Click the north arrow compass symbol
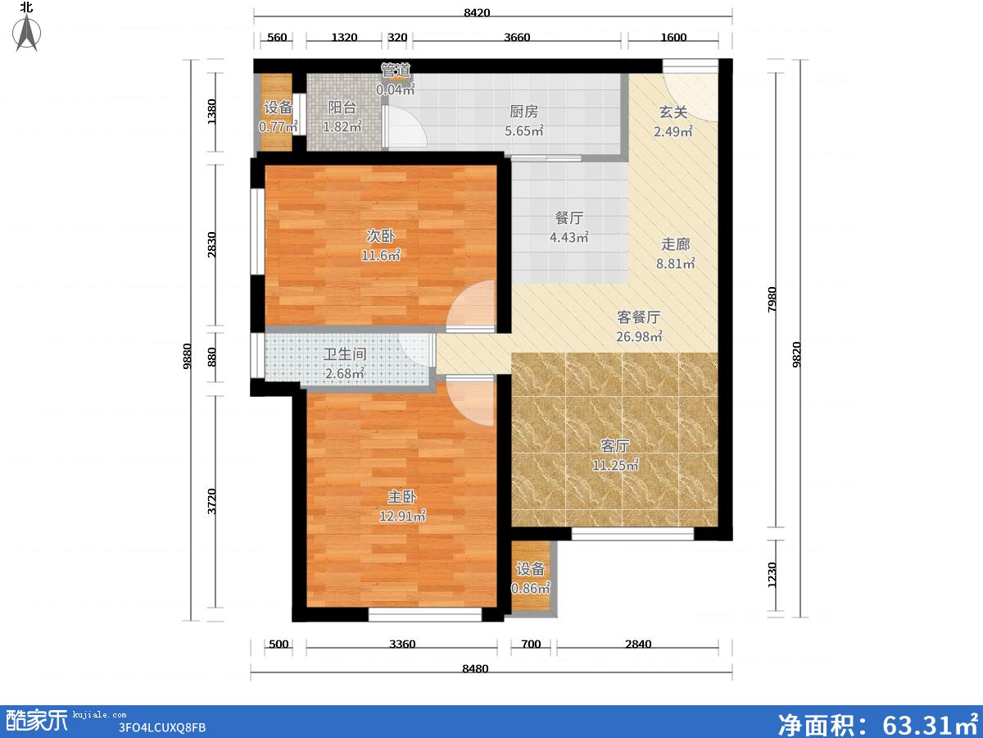tap(27, 32)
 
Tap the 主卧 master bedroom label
tap(401, 496)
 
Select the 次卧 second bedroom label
tap(380, 235)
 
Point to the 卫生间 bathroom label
tap(345, 354)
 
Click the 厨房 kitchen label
tap(523, 112)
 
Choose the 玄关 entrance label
tap(673, 112)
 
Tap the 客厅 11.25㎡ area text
tap(615, 465)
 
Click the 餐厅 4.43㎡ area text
tap(569, 237)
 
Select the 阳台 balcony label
tap(342, 107)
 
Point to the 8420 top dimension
tap(477, 12)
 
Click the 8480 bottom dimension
tap(475, 669)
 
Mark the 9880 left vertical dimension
tap(188, 356)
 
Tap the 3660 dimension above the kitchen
tap(517, 37)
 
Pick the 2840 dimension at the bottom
tap(638, 645)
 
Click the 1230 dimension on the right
tap(772, 575)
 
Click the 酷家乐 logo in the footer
tap(36, 721)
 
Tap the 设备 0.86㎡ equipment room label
tap(531, 578)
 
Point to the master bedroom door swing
tap(470, 401)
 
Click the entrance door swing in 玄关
tap(690, 96)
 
